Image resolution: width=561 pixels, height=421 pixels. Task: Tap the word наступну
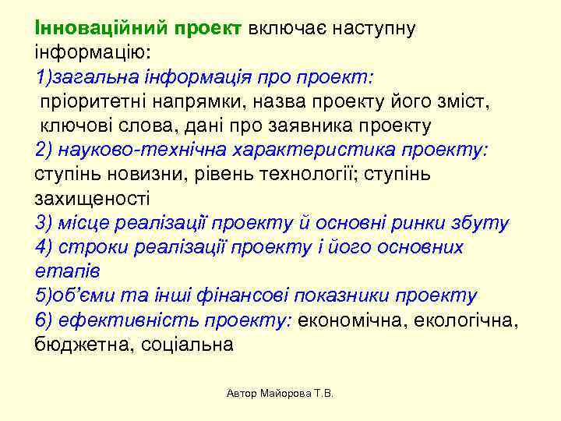tap(373, 29)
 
